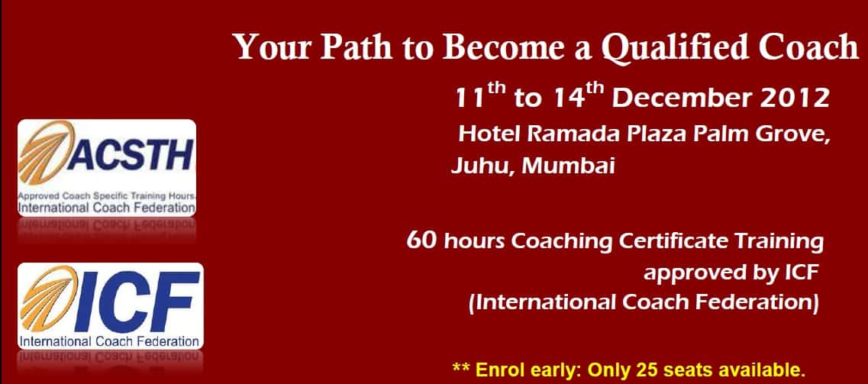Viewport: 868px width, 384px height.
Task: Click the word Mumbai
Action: [x=568, y=166]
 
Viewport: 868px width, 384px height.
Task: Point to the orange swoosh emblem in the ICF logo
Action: [x=49, y=298]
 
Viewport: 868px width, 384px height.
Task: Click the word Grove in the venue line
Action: [x=793, y=134]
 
